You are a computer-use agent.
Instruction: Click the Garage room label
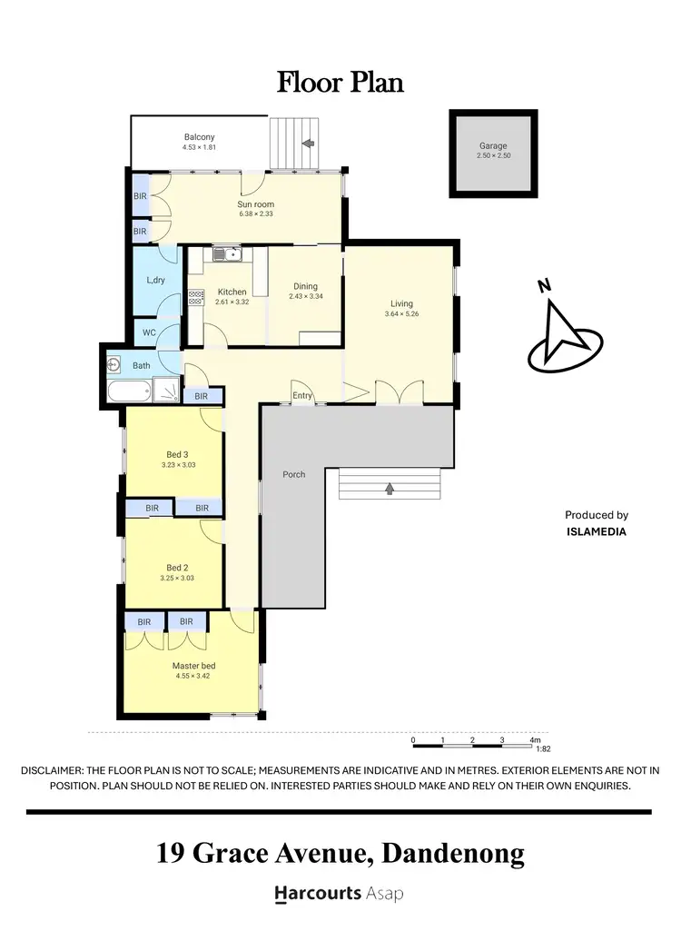coord(493,145)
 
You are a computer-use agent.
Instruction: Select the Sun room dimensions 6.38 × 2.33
coord(256,214)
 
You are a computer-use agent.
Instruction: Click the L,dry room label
coord(155,280)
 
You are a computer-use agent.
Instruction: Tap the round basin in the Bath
coord(114,365)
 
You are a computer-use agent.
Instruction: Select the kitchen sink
coord(225,255)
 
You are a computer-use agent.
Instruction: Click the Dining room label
coord(305,286)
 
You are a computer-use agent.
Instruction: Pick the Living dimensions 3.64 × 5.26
coord(401,314)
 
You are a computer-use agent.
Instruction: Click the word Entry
coord(302,396)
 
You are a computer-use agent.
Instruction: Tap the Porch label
coord(294,474)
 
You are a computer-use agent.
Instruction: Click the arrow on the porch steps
coord(390,490)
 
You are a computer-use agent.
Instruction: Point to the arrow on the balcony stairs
coord(308,144)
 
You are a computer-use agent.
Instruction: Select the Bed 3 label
coord(177,454)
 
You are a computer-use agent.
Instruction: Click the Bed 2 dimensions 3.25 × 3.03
coord(177,578)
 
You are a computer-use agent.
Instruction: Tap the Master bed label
coord(193,665)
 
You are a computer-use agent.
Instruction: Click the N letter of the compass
coord(543,287)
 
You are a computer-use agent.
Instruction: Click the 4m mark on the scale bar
coord(534,740)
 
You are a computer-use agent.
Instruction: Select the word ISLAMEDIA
coord(596,531)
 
